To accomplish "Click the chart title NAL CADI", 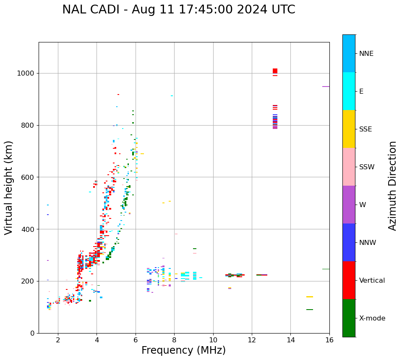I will [x=178, y=10].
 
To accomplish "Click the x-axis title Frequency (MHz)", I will [x=183, y=350].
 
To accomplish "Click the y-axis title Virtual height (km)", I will [x=9, y=187].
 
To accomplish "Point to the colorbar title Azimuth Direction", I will [x=392, y=186].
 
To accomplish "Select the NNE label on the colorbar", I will [x=366, y=54].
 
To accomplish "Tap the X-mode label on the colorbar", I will [x=372, y=318].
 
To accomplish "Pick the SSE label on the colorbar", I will [x=365, y=129].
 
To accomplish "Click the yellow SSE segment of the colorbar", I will [x=349, y=129].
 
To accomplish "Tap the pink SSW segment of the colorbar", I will [x=349, y=167].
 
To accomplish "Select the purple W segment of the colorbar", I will [x=349, y=205].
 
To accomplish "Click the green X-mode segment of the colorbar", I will [x=349, y=318].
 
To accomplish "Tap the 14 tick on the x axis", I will [x=290, y=339].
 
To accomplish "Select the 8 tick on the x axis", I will [x=174, y=339].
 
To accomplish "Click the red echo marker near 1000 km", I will [x=275, y=71].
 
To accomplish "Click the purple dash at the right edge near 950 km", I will [x=326, y=87].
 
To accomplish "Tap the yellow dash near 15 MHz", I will [x=310, y=297].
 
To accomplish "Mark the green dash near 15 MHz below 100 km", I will [x=310, y=310].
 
